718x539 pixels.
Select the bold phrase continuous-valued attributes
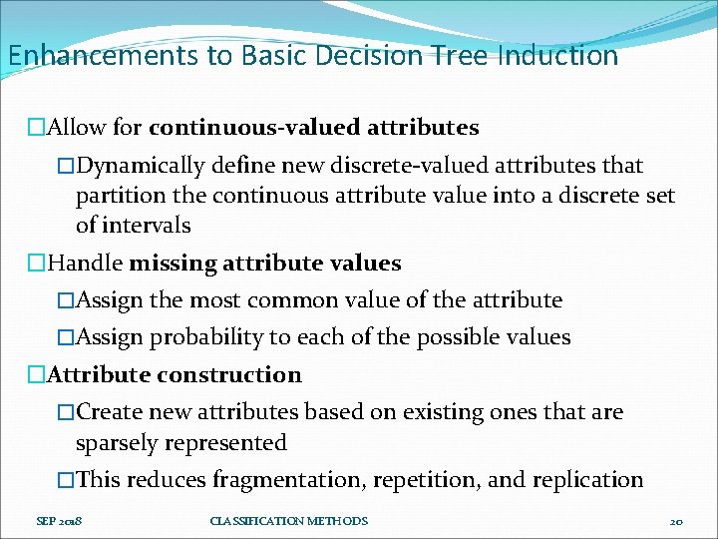click(x=313, y=128)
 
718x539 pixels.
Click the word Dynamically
click(x=141, y=165)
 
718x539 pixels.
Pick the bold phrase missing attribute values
click(x=265, y=264)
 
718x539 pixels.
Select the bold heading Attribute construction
click(x=175, y=375)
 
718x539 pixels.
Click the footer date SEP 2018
click(x=58, y=521)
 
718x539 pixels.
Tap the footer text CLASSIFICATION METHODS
click(x=289, y=521)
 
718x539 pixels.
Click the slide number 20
click(x=675, y=521)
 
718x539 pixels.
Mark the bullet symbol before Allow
click(x=37, y=128)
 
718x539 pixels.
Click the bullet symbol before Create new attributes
click(x=66, y=412)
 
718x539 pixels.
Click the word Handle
click(x=86, y=264)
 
